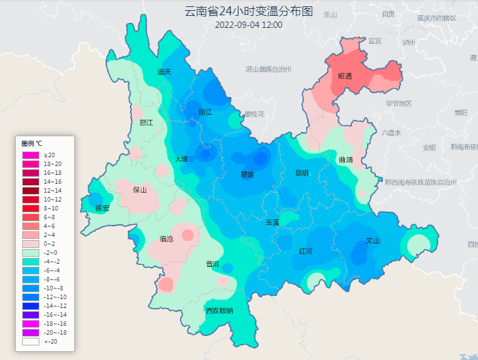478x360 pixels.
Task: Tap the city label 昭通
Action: tap(345, 76)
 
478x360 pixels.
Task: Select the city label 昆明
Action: tap(302, 172)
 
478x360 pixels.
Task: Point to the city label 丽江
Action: tap(205, 112)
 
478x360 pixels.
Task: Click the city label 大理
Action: tap(181, 159)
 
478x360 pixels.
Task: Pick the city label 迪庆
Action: tap(164, 72)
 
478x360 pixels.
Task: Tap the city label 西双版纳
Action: tap(219, 311)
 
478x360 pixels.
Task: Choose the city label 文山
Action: tap(373, 241)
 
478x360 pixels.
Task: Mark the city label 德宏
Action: tap(102, 208)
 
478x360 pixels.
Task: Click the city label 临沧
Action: tap(167, 239)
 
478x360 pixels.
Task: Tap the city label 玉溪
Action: tap(272, 222)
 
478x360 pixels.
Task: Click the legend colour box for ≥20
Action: tap(30, 155)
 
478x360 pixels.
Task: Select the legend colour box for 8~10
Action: tap(30, 209)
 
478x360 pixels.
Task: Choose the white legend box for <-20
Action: tap(30, 342)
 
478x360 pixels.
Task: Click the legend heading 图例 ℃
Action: tap(32, 143)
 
